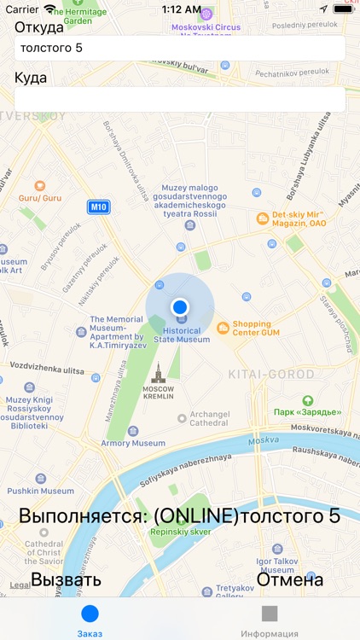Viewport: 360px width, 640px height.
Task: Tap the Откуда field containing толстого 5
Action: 179,48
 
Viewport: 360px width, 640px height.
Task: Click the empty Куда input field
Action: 179,99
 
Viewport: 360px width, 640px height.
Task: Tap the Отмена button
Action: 290,580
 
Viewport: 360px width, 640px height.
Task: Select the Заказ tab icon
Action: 90,614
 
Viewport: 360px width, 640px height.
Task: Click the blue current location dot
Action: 179,306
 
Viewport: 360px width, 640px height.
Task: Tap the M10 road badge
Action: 99,207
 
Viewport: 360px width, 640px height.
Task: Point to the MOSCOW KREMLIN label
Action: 157,393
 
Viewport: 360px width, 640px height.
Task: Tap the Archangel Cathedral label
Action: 209,418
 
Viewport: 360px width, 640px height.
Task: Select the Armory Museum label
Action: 133,443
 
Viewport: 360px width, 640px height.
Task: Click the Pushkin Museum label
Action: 41,491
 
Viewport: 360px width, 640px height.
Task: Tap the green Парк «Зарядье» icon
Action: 307,400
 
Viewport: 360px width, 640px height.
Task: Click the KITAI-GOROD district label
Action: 271,374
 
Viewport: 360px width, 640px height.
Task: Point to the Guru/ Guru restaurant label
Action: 40,197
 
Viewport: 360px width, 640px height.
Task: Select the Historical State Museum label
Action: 181,335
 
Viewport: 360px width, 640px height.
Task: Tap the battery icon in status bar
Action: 344,9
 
